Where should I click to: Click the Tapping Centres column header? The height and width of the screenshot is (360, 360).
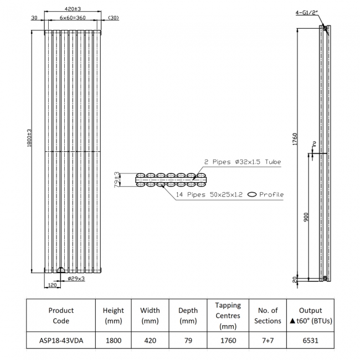228,316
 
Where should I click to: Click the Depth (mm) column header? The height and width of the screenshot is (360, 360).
188,316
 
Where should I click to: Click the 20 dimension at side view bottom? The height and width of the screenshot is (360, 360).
295,279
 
